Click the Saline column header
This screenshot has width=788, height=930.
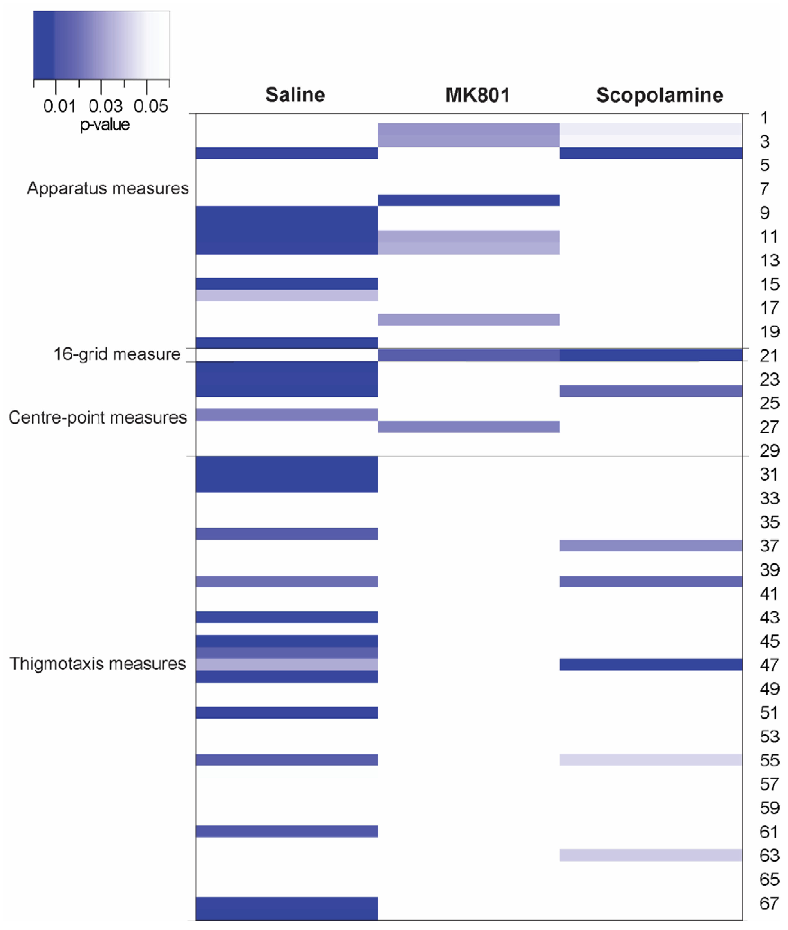tap(295, 95)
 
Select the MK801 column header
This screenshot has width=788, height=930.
tap(477, 95)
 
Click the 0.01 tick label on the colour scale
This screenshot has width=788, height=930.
tap(59, 106)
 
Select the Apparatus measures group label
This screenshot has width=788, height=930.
tap(108, 188)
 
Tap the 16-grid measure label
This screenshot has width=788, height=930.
tap(117, 354)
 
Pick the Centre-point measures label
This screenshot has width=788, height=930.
tap(97, 417)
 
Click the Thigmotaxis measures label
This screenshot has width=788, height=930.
tap(97, 664)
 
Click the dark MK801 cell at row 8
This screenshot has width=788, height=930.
tap(469, 200)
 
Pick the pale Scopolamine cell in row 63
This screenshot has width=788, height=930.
tap(651, 855)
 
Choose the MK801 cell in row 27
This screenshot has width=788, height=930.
tap(469, 427)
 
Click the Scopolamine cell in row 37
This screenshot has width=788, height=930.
tap(651, 545)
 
